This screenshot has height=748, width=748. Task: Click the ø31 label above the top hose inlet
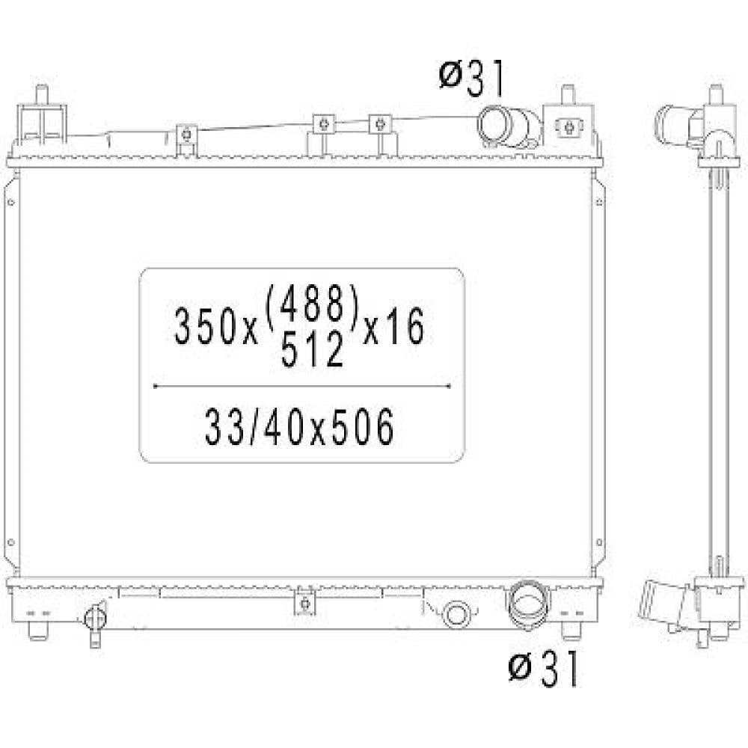[x=471, y=79]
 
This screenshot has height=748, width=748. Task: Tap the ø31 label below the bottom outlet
[x=544, y=667]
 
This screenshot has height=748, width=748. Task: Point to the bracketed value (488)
[x=311, y=304]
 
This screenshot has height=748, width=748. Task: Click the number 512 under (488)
[x=313, y=349]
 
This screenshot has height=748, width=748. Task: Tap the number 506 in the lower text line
[x=364, y=427]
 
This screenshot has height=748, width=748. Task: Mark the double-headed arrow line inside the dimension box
[x=301, y=386]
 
